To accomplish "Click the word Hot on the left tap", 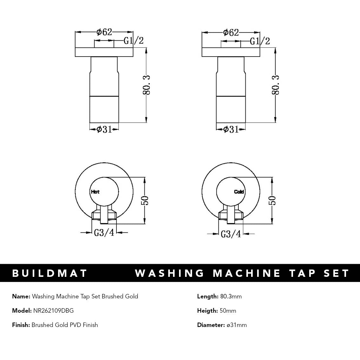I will pyautogui.click(x=95, y=192).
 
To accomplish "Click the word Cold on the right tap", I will pyautogui.click(x=239, y=192).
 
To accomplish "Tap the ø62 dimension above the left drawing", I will pyautogui.click(x=104, y=32).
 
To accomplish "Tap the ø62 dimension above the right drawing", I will pyautogui.click(x=231, y=32).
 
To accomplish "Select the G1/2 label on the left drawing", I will pyautogui.click(x=133, y=41).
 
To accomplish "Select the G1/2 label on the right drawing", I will pyautogui.click(x=260, y=41).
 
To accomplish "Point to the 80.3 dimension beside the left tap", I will pyautogui.click(x=146, y=85).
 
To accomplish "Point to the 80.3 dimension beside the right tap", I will pyautogui.click(x=275, y=85).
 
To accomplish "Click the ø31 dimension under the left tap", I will pyautogui.click(x=104, y=129).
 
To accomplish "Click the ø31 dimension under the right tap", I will pyautogui.click(x=231, y=129).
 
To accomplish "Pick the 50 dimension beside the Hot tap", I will pyautogui.click(x=145, y=201).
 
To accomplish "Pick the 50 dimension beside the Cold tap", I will pyautogui.click(x=272, y=201).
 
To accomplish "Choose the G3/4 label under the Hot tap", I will pyautogui.click(x=104, y=233).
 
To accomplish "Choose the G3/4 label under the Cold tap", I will pyautogui.click(x=231, y=234).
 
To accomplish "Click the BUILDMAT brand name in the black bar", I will pyautogui.click(x=50, y=273).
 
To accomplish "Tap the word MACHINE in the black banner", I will pyautogui.click(x=247, y=273).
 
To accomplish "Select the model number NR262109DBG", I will pyautogui.click(x=53, y=310).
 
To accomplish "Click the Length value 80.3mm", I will pyautogui.click(x=231, y=297).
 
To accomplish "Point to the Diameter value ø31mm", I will pyautogui.click(x=237, y=325).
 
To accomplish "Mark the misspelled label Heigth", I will pyautogui.click(x=207, y=310).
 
